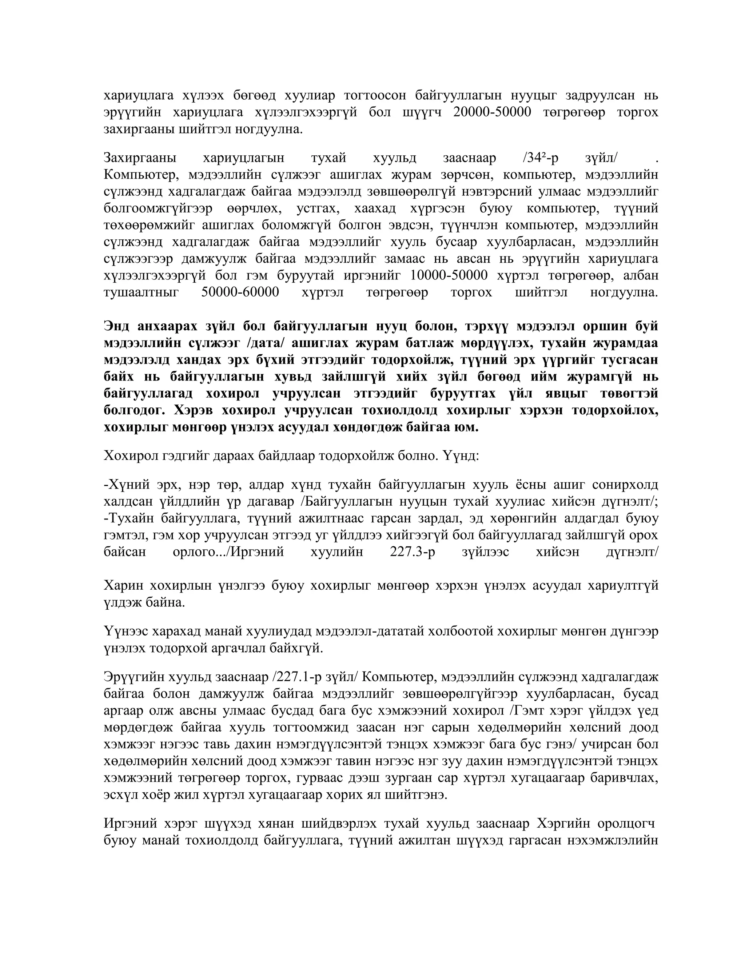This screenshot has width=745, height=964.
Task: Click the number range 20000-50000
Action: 492,112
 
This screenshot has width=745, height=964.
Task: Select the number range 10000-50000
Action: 449,276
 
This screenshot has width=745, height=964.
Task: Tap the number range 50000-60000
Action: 240,292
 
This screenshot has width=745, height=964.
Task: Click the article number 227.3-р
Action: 412,552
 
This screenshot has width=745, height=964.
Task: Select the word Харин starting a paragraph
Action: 123,586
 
